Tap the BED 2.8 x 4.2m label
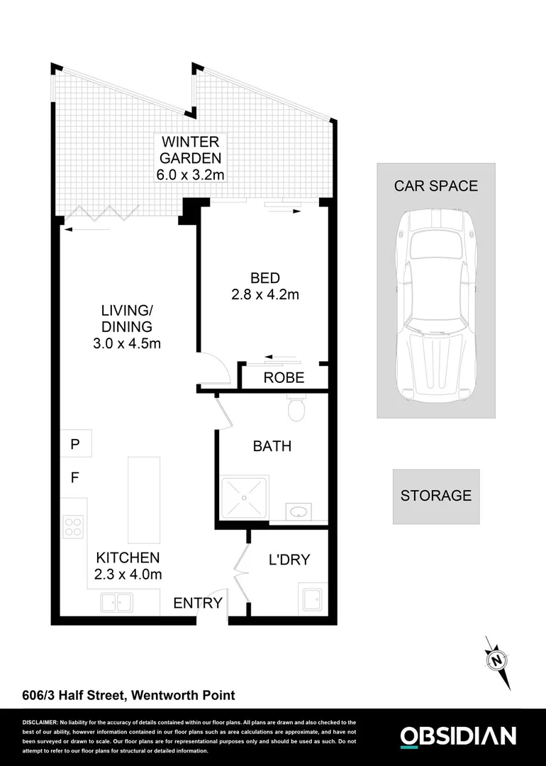tap(264, 286)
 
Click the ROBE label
tap(284, 377)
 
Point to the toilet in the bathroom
tap(296, 408)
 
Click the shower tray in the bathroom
tap(244, 500)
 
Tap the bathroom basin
tap(298, 512)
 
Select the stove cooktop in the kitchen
tap(74, 526)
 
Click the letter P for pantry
tap(74, 445)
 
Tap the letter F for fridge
tap(74, 478)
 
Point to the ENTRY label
tap(198, 603)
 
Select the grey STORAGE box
tap(436, 496)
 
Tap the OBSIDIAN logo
tap(458, 736)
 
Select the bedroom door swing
tap(213, 367)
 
